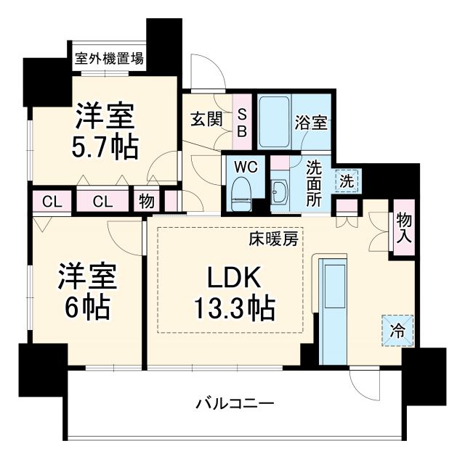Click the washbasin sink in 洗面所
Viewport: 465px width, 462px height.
coord(280,193)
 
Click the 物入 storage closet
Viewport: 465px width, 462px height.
coord(403,228)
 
